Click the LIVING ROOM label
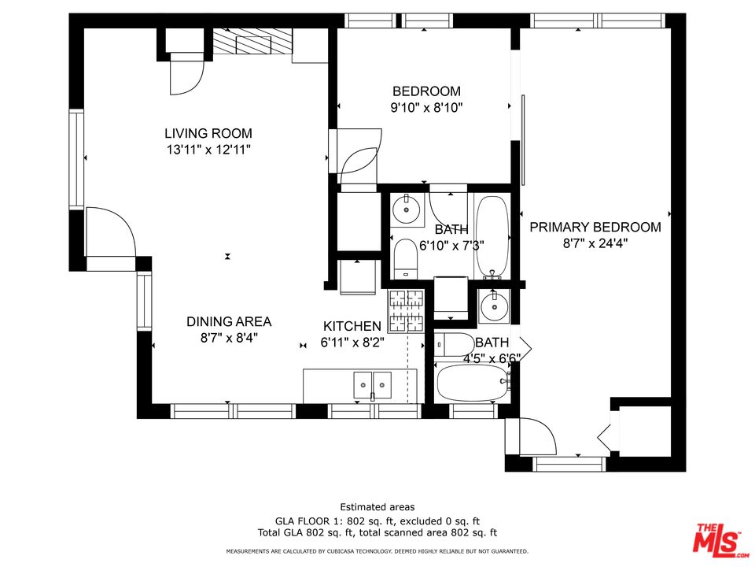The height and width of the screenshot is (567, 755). [x=208, y=133]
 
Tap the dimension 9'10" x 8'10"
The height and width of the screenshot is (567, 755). [x=426, y=108]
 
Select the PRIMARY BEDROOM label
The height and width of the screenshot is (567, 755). [x=595, y=227]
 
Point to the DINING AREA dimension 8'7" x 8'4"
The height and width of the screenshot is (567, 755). [x=228, y=337]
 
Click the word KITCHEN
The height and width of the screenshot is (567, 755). [x=352, y=326]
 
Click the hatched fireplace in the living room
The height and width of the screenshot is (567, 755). [x=252, y=42]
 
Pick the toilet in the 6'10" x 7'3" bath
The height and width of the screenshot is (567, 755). [x=406, y=258]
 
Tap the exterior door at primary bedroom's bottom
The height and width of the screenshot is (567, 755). [x=528, y=436]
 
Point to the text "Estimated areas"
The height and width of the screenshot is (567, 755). [x=377, y=507]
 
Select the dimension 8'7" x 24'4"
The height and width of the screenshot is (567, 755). [x=595, y=243]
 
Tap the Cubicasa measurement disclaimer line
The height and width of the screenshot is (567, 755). [x=377, y=551]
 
